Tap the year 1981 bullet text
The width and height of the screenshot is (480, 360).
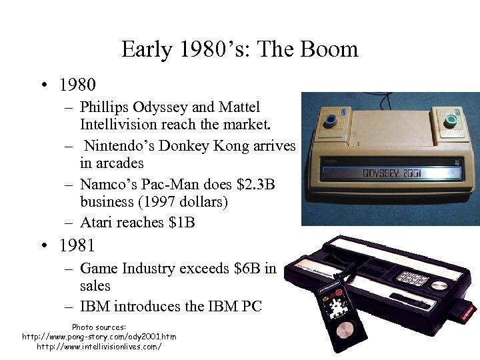tap(77, 245)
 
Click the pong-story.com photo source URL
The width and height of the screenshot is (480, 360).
tap(99, 337)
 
